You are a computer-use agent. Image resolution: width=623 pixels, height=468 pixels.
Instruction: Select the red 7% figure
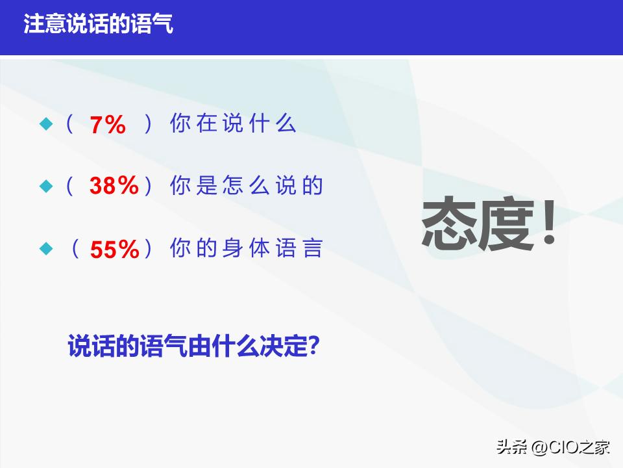click(x=108, y=125)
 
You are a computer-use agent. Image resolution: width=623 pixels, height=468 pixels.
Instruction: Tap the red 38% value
click(x=114, y=187)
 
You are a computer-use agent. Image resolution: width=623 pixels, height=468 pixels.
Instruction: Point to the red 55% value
click(x=115, y=250)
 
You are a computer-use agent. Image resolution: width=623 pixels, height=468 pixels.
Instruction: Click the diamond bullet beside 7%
click(x=45, y=123)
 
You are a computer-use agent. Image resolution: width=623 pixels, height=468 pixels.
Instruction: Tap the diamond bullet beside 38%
click(x=45, y=187)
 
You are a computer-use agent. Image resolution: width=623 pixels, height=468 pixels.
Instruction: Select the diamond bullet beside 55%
click(x=45, y=249)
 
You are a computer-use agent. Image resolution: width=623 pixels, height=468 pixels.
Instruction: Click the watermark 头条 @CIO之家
click(x=554, y=447)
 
